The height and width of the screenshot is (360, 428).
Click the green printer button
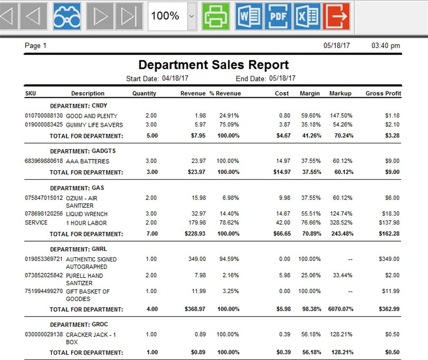tap(216, 16)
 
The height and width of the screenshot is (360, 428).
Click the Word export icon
tap(248, 16)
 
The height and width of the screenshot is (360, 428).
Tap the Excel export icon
tap(308, 16)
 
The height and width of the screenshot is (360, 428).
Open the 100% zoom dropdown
tap(192, 16)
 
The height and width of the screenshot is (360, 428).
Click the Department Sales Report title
tap(213, 65)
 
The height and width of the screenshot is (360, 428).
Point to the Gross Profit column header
tap(383, 93)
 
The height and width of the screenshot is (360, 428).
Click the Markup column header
tap(340, 93)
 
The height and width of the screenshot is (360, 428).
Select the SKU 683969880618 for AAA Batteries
tap(44, 161)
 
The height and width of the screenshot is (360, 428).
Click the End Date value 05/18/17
tap(282, 79)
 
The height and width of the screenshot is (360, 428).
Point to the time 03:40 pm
tap(386, 46)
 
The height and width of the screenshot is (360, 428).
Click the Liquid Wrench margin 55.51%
tap(310, 213)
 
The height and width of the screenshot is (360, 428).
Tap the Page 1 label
tap(36, 46)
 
